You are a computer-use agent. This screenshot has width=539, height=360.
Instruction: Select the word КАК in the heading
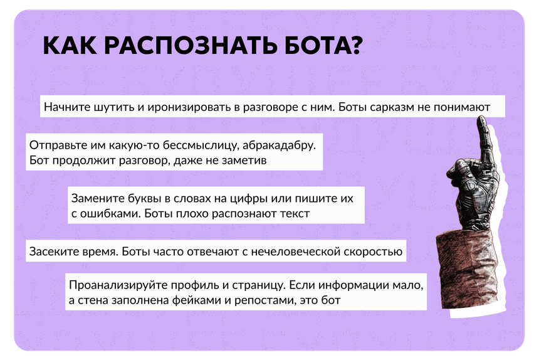(x=70, y=45)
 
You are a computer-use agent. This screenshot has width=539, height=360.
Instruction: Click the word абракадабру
(x=279, y=146)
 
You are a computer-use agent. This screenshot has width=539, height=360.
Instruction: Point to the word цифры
(x=249, y=199)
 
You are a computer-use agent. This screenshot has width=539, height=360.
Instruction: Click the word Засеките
(x=54, y=251)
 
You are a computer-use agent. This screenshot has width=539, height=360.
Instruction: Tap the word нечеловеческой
(x=296, y=251)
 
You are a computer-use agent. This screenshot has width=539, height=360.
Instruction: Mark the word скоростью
(x=374, y=252)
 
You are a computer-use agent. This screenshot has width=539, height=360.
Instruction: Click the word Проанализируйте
(x=118, y=285)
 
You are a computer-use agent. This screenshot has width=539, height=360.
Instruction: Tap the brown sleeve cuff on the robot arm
(x=468, y=269)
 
